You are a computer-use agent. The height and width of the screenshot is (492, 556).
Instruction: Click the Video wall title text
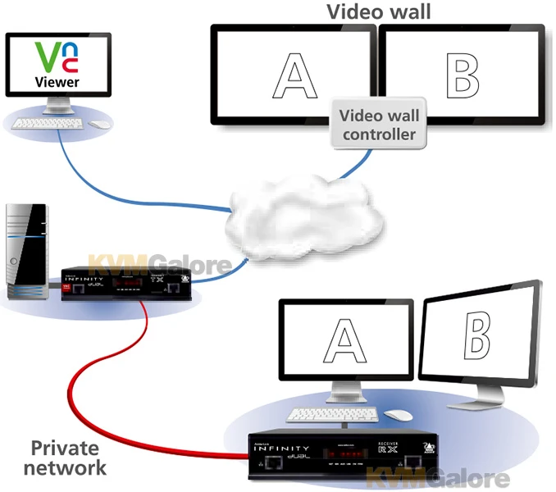pos(378,11)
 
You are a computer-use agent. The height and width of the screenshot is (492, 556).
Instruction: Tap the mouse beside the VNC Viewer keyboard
pos(99,124)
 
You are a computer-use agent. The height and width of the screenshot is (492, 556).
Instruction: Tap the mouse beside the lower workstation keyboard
pos(399,415)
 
